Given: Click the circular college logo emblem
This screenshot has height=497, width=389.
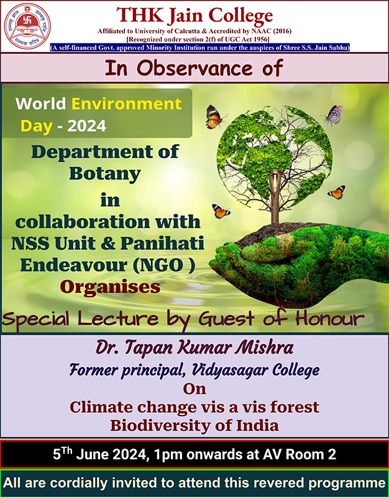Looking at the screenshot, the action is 27,25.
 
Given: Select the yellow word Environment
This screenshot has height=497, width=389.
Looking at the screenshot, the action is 127,104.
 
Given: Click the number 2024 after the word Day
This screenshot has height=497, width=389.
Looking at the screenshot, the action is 86,126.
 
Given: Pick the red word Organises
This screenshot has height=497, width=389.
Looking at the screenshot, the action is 110,287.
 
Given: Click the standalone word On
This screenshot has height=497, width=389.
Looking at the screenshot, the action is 194,389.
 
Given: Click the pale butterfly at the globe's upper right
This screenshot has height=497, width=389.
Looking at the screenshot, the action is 333,114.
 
